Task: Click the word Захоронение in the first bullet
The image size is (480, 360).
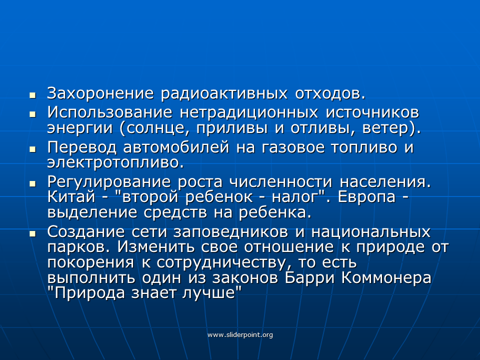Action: point(100,93)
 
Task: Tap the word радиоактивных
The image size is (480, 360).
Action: point(224,94)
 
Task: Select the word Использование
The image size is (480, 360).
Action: point(109,112)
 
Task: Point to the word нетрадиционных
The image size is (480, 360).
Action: point(249,113)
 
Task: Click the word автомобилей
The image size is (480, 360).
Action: point(176,147)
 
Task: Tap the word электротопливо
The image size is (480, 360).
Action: point(115,162)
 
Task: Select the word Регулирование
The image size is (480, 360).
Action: point(108,182)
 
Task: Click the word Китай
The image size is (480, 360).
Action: point(71,196)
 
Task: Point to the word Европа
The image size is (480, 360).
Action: point(366,197)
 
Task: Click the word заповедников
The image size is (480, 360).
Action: point(230,232)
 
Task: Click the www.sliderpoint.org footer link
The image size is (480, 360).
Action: point(240,335)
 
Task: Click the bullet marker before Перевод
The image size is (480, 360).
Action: point(32,149)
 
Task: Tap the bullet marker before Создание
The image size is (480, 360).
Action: point(32,234)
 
